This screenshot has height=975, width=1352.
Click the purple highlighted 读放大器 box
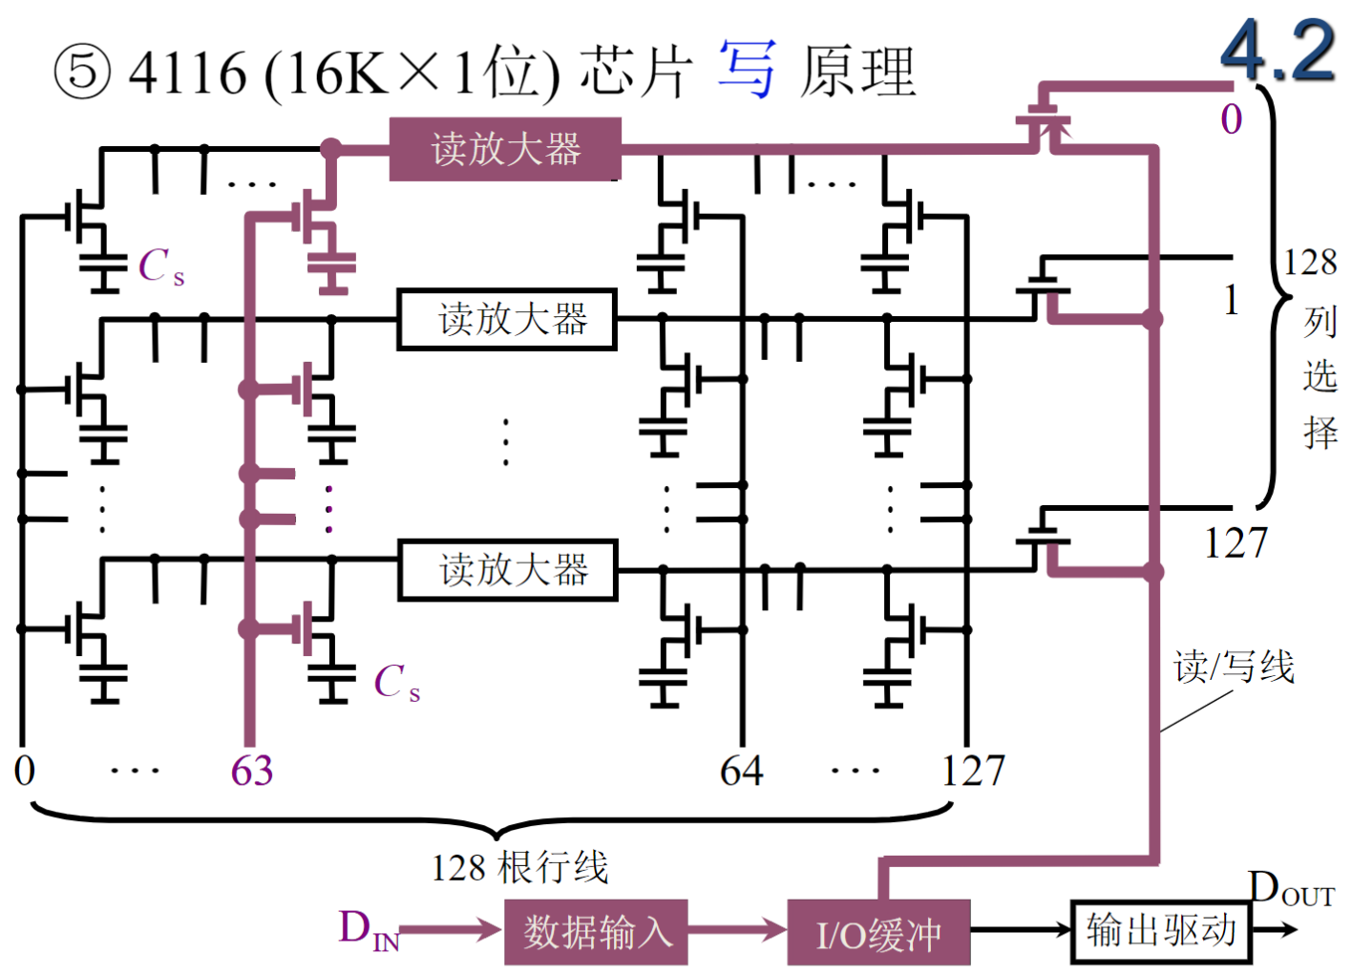pos(505,149)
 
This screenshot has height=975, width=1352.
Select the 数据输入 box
pos(596,931)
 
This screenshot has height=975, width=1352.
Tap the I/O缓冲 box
pos(878,933)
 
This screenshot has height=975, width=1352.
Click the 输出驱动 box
pos(1160,930)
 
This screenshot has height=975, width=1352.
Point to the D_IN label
pos(368,929)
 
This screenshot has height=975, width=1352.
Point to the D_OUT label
pos(1290,889)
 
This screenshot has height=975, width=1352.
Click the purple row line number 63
pos(252,771)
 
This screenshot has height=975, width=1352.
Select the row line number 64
pos(741,771)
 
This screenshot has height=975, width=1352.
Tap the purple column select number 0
pos(1231,119)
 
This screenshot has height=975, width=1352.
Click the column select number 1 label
pos(1232,300)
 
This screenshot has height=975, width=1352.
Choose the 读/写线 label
pos(1234,667)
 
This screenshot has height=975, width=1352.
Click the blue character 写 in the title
pos(748,70)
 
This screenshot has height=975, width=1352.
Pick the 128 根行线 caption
pos(519,868)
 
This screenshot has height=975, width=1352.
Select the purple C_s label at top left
pos(160,266)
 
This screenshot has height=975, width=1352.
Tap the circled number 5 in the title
pos(82,73)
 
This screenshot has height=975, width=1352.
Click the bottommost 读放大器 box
pos(507,570)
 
